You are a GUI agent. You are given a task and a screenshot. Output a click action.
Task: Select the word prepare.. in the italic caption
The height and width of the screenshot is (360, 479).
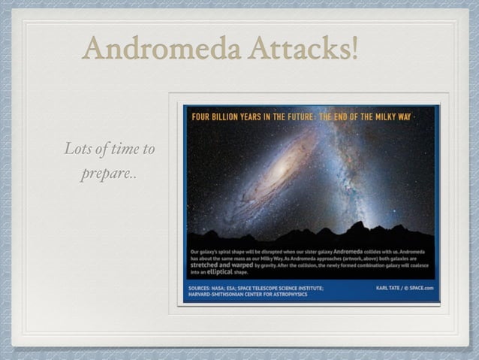(110, 175)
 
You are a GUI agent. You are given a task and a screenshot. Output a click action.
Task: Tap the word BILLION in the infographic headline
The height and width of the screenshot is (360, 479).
(229, 118)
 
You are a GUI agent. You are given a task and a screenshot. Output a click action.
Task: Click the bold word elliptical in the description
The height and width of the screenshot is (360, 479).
(217, 274)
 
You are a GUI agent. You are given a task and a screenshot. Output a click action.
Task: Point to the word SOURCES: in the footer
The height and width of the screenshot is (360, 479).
(202, 288)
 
